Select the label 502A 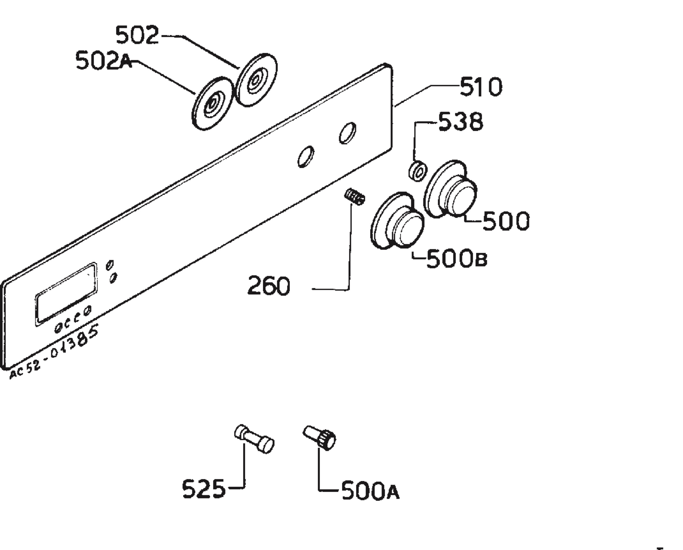pos(104,61)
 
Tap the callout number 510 pos(481,87)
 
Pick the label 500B pos(457,259)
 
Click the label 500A pos(370,491)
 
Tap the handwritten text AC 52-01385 pos(54,351)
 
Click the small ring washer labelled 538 pos(417,171)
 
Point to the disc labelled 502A pos(212,103)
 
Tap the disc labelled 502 pos(257,81)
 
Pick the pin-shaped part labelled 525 pos(254,439)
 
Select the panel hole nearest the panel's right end pos(347,133)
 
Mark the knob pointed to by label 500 pos(450,189)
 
